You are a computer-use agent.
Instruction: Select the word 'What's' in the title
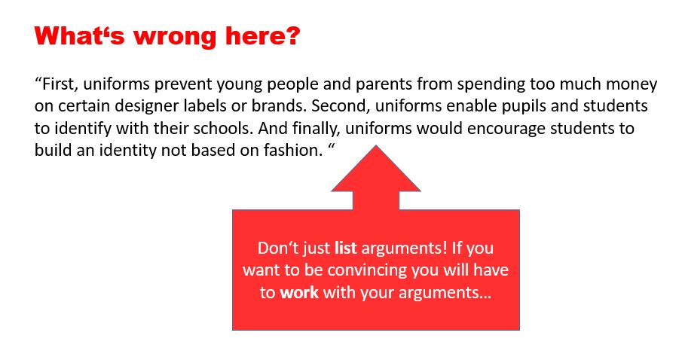pyautogui.click(x=80, y=35)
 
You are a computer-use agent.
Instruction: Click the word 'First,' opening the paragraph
pyautogui.click(x=60, y=84)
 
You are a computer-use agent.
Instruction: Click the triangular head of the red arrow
pyautogui.click(x=376, y=172)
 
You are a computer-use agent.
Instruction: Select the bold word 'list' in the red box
pyautogui.click(x=345, y=248)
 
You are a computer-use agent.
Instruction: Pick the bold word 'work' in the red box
pyautogui.click(x=299, y=292)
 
